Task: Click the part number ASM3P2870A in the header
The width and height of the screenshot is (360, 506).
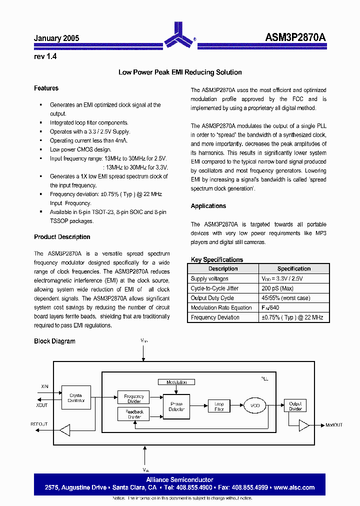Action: coord(295,38)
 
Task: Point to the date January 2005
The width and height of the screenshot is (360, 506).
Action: coord(56,38)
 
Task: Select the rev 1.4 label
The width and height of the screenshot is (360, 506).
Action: coord(45,56)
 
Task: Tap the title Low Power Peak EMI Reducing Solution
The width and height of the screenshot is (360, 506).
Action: coord(180,72)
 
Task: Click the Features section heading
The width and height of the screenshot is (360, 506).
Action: coord(46,88)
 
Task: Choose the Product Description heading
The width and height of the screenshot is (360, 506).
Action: coord(62,237)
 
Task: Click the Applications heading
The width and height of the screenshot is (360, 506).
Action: coord(208,206)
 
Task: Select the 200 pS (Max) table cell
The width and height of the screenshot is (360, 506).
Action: coord(277,288)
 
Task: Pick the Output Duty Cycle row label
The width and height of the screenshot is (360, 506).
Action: coord(212,298)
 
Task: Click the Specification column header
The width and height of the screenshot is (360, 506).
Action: coord(294,269)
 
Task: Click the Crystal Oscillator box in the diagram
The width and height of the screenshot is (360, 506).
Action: coord(76,398)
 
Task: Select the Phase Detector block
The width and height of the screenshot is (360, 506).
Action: coord(176,406)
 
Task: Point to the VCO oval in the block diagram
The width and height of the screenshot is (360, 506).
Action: coord(254,406)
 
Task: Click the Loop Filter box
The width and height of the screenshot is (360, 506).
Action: coord(219,406)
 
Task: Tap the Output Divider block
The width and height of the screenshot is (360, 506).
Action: coord(295,406)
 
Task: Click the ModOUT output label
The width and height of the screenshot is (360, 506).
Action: coord(334,425)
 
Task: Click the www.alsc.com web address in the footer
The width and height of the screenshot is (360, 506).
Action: coord(294,487)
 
